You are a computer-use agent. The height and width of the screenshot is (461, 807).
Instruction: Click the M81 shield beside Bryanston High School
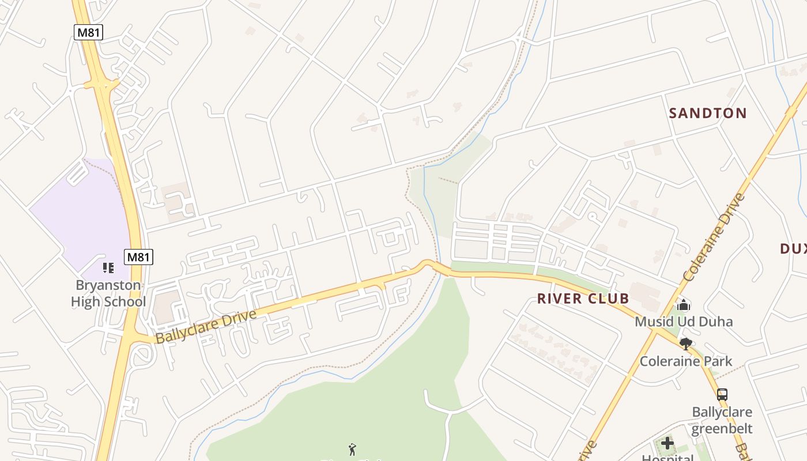point(138,257)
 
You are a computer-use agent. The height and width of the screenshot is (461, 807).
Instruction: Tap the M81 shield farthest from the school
point(88,32)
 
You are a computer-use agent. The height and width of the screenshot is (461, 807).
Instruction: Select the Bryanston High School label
point(108,293)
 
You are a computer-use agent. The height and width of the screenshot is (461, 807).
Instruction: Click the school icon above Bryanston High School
point(108,267)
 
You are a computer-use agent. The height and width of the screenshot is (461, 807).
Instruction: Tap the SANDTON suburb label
point(707,113)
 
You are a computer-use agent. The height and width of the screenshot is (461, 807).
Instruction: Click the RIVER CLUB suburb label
point(583,298)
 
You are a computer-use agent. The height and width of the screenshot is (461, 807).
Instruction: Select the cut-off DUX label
point(793,249)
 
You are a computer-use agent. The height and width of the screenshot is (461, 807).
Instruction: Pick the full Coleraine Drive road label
point(714,237)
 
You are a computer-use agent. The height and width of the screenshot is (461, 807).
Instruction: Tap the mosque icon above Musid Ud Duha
point(684,305)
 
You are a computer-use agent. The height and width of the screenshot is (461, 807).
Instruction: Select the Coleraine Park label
point(685,361)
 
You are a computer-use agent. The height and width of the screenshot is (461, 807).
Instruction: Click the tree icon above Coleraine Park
point(685,344)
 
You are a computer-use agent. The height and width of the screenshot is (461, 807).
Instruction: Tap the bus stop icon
point(722,395)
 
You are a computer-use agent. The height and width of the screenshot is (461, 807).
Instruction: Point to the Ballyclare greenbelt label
point(722,420)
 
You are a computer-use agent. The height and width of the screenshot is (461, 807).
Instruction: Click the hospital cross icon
point(668,443)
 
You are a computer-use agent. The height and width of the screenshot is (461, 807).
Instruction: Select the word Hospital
point(668,458)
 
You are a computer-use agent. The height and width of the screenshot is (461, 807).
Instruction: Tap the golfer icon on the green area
point(352,449)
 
